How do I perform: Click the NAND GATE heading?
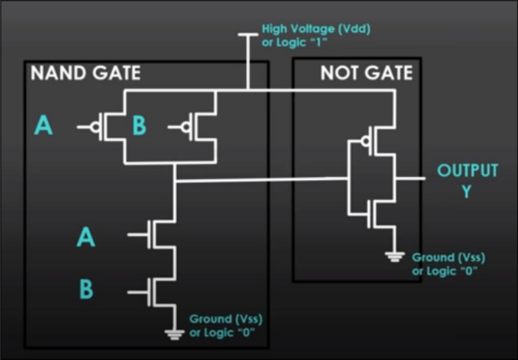coord(85,73)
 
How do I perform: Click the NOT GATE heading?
coord(366,73)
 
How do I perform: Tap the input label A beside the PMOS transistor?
coord(44,127)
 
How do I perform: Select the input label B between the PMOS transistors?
coord(139,127)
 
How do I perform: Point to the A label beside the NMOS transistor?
coord(86,237)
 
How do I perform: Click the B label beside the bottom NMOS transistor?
coord(86,290)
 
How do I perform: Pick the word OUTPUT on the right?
coord(467,171)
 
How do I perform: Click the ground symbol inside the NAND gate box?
coord(174,334)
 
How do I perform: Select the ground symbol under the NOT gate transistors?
coord(394,257)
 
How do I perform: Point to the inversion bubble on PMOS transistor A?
coord(97,127)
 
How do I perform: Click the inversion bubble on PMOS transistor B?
coord(187,127)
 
